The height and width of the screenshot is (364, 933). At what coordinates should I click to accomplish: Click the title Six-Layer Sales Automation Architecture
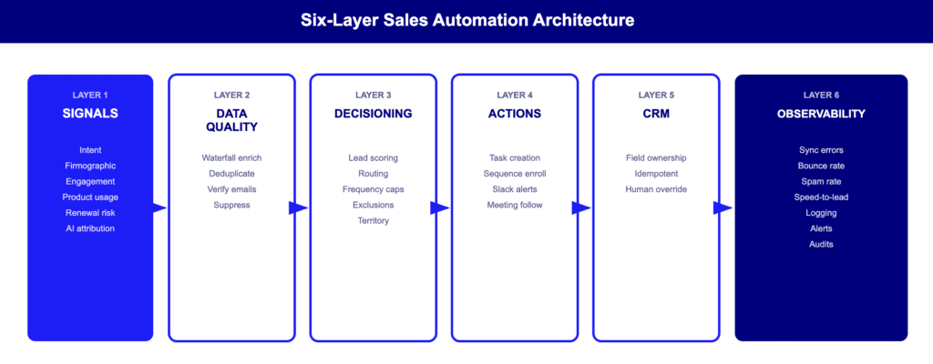click(466, 19)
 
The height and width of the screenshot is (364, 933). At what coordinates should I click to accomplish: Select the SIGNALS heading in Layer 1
click(90, 114)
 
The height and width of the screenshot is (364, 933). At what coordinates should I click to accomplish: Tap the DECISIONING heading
click(374, 114)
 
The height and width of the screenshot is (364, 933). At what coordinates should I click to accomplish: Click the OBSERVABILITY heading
click(821, 114)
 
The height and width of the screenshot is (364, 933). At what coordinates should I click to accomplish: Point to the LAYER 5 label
click(656, 95)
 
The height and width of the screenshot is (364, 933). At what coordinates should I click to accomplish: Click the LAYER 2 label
click(231, 95)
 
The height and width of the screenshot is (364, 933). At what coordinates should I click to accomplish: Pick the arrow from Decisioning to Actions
click(441, 207)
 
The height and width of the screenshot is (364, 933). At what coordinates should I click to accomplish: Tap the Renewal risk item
click(90, 213)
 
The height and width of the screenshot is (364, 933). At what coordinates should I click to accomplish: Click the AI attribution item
click(90, 228)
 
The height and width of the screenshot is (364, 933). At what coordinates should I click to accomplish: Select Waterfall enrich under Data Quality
click(231, 158)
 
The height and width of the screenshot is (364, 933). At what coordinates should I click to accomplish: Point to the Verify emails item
click(231, 189)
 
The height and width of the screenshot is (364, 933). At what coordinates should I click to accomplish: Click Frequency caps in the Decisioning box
click(374, 189)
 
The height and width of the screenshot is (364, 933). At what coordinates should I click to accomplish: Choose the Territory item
click(374, 220)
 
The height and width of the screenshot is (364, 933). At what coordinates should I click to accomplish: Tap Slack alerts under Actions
click(514, 189)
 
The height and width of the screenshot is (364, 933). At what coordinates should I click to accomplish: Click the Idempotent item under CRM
click(656, 174)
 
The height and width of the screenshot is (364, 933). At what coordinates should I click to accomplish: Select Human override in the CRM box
click(656, 189)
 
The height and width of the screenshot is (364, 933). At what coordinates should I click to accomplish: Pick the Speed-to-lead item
click(821, 197)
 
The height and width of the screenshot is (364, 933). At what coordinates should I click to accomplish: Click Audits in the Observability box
click(821, 244)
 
